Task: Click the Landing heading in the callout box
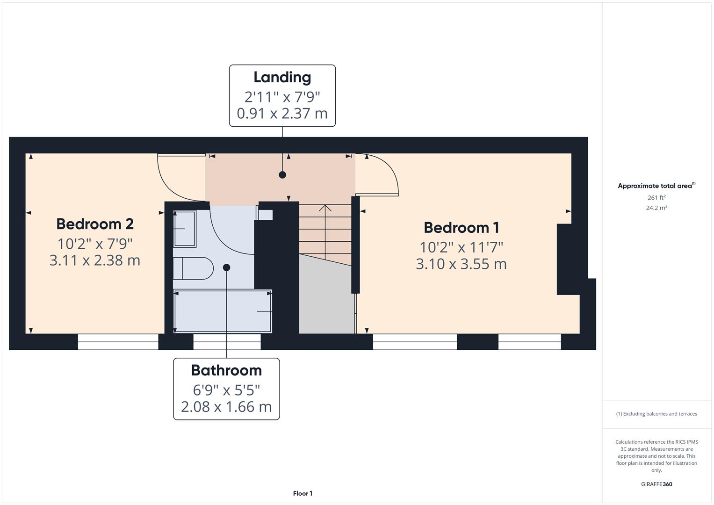(282, 78)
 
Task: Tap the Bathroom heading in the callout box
(226, 370)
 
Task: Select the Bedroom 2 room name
(94, 224)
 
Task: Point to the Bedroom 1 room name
(461, 228)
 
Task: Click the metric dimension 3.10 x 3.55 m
(461, 264)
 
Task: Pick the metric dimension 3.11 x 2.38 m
(94, 260)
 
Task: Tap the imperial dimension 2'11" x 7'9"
(282, 97)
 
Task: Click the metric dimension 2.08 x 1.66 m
(226, 407)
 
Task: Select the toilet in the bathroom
(193, 268)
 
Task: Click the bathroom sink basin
(185, 229)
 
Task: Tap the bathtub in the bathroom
(223, 311)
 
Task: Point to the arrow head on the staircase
(325, 208)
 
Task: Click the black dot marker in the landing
(282, 175)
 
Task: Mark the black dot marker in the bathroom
(226, 267)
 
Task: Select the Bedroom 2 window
(118, 342)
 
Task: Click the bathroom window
(227, 342)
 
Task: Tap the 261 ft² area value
(656, 197)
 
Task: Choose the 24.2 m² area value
(656, 208)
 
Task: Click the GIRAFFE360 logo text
(656, 484)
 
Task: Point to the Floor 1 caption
(303, 493)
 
